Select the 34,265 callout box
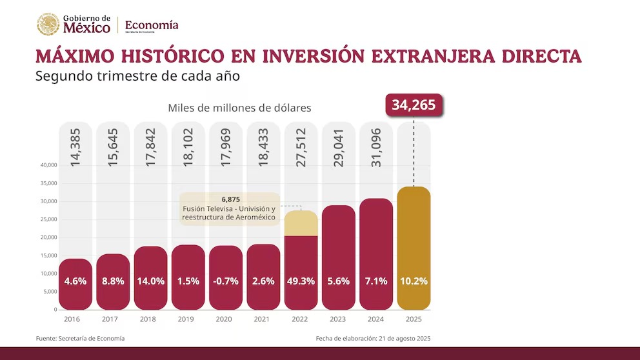(x=414, y=105)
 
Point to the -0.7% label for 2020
(x=226, y=281)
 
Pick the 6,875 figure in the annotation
(x=230, y=200)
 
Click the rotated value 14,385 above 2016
(x=75, y=148)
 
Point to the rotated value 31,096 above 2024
(x=376, y=148)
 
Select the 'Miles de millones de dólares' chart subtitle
(x=239, y=108)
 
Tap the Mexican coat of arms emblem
(x=48, y=25)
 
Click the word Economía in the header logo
(x=151, y=25)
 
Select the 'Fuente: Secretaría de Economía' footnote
(x=80, y=339)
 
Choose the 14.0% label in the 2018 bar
(x=150, y=281)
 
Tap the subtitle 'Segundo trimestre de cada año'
(x=138, y=76)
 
